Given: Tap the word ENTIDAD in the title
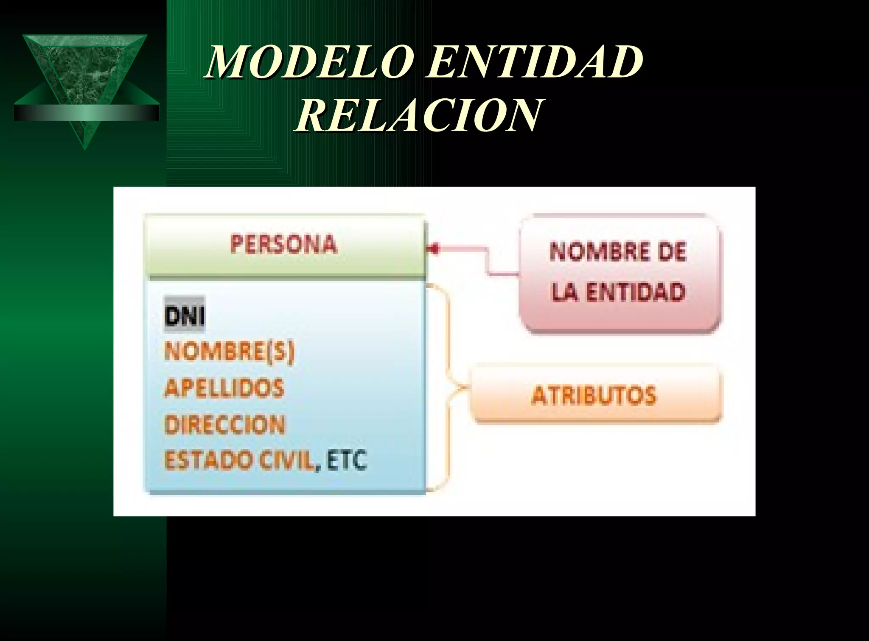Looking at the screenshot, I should pos(535,62).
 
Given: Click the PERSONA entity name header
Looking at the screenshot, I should pos(283,244).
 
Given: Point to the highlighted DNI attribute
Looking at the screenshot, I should pos(185,316).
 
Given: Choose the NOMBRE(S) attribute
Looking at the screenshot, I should pos(229,352).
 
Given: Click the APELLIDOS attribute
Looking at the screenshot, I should pos(224,388).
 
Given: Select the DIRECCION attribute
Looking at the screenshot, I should pos(224,424).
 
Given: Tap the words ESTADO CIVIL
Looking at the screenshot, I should pos(240,460).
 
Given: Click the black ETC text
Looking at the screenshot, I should pos(347,460).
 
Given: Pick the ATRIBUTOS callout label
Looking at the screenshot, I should pos(594,395).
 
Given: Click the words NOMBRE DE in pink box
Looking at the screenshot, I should pos(618,251).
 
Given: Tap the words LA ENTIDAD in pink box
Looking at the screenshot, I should pos(618,292).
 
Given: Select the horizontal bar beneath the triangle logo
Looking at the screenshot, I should pos(87,113).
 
